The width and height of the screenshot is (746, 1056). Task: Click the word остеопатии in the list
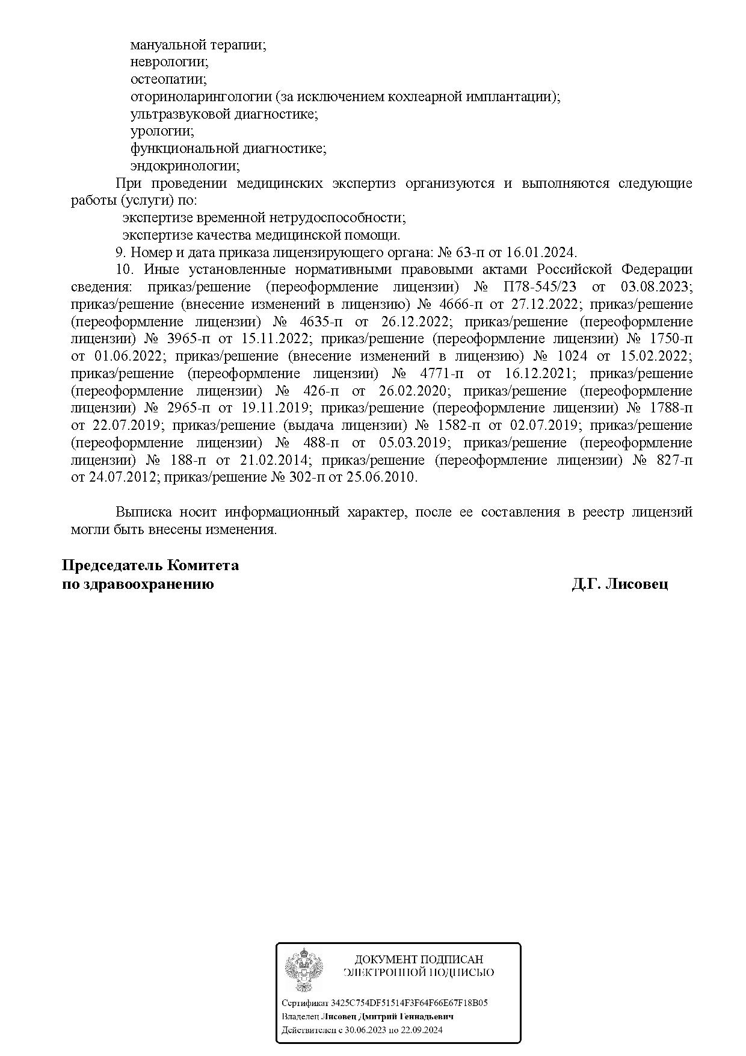(x=168, y=79)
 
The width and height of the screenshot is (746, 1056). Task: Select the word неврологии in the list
(x=169, y=62)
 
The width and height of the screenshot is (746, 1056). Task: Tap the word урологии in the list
(x=162, y=131)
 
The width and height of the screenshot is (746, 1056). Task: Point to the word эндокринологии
(x=185, y=166)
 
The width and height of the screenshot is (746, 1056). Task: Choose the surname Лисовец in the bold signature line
(x=636, y=584)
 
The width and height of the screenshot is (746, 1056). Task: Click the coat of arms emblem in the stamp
(x=304, y=970)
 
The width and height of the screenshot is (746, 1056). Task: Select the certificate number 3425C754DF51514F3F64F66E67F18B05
(x=409, y=1004)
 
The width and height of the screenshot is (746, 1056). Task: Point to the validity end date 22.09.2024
(x=420, y=1030)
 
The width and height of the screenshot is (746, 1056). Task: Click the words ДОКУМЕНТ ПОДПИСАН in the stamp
(x=419, y=960)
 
